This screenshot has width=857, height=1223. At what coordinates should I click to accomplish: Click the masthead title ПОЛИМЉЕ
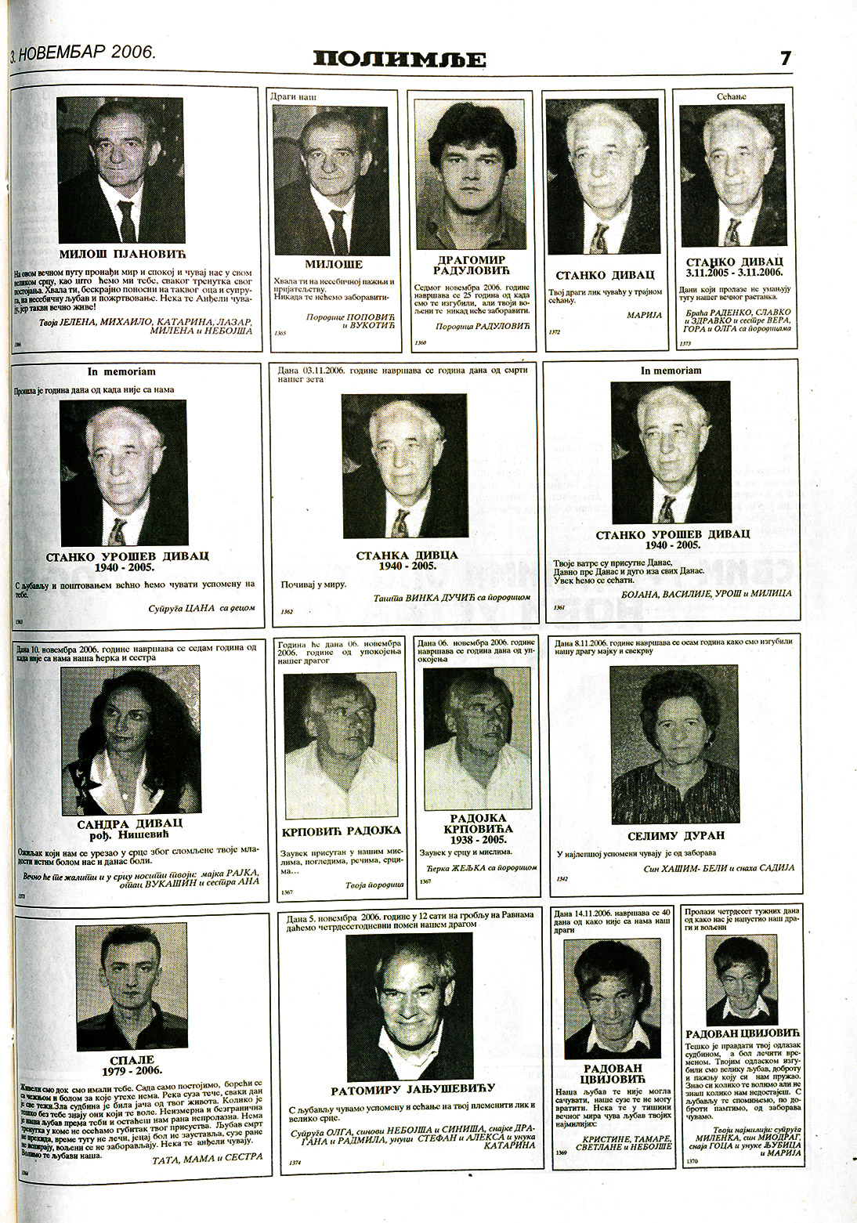400,59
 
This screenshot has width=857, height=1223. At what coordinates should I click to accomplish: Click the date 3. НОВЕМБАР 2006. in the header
84,52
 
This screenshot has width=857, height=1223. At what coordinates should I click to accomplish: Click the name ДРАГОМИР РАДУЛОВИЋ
470,266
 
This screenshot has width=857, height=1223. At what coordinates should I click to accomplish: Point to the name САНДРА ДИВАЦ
130,823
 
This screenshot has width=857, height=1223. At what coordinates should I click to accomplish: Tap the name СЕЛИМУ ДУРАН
675,835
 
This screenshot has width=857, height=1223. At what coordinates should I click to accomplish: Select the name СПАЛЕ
132,1060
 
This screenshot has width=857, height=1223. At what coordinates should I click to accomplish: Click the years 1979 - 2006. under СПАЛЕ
132,1071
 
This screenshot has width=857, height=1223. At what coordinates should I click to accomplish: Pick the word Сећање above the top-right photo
732,97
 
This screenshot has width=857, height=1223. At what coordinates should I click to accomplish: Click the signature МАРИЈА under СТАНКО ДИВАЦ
644,315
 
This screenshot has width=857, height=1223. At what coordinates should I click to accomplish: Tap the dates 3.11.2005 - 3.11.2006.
735,273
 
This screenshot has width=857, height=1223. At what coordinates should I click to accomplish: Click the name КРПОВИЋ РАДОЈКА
342,830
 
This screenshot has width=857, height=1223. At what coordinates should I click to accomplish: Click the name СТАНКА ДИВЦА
407,555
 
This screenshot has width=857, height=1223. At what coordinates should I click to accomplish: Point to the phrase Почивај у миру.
313,584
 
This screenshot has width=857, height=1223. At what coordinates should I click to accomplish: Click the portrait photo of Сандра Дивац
130,738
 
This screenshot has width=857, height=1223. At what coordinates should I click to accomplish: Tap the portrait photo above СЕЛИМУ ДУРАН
674,744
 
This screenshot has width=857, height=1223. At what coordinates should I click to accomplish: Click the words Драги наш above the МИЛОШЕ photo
294,97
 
